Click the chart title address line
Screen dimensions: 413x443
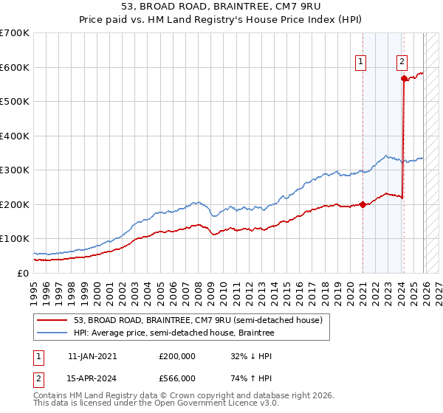click(221, 7)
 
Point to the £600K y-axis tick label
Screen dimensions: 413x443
click(15, 67)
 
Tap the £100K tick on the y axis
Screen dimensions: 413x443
click(15, 239)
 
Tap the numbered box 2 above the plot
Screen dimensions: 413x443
click(402, 63)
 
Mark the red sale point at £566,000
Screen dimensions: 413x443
click(404, 78)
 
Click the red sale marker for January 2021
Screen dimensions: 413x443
click(363, 204)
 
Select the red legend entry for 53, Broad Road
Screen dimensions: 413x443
click(198, 321)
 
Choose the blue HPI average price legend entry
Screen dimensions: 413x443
click(174, 333)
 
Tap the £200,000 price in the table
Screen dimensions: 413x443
click(177, 355)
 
